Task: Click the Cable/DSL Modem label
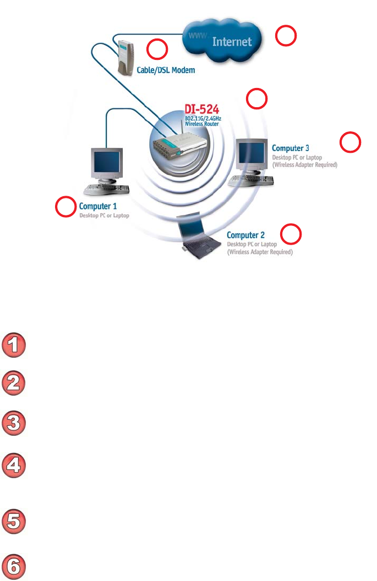tap(165, 71)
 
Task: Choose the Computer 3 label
tap(291, 148)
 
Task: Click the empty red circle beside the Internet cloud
tap(286, 36)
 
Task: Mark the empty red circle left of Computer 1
tap(65, 207)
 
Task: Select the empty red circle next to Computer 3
tap(351, 143)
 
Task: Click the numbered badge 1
tap(15, 346)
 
